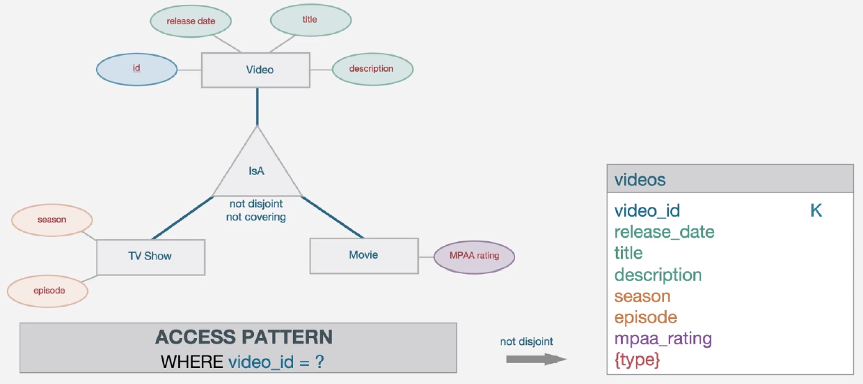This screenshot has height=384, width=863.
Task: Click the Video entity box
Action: click(256, 70)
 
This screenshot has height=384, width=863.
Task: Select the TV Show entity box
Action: click(150, 256)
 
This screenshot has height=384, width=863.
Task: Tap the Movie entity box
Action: click(363, 256)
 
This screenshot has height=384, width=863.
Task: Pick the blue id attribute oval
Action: click(136, 69)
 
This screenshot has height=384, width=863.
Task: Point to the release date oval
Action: click(191, 22)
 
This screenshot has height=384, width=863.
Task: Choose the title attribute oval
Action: click(310, 20)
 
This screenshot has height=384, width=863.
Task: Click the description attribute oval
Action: click(372, 69)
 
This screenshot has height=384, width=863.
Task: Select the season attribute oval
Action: click(52, 220)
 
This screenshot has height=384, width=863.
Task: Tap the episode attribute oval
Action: click(49, 291)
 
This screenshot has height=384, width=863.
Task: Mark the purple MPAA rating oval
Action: click(474, 256)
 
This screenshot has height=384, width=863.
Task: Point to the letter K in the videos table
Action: click(816, 210)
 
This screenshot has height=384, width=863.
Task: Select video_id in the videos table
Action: click(647, 210)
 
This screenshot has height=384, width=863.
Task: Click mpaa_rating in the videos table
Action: click(663, 339)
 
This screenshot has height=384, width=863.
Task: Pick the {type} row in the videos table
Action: click(637, 360)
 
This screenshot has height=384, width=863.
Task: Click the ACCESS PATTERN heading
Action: click(244, 337)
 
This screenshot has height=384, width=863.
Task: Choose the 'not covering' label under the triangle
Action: click(256, 217)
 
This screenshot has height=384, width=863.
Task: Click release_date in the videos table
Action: click(664, 232)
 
